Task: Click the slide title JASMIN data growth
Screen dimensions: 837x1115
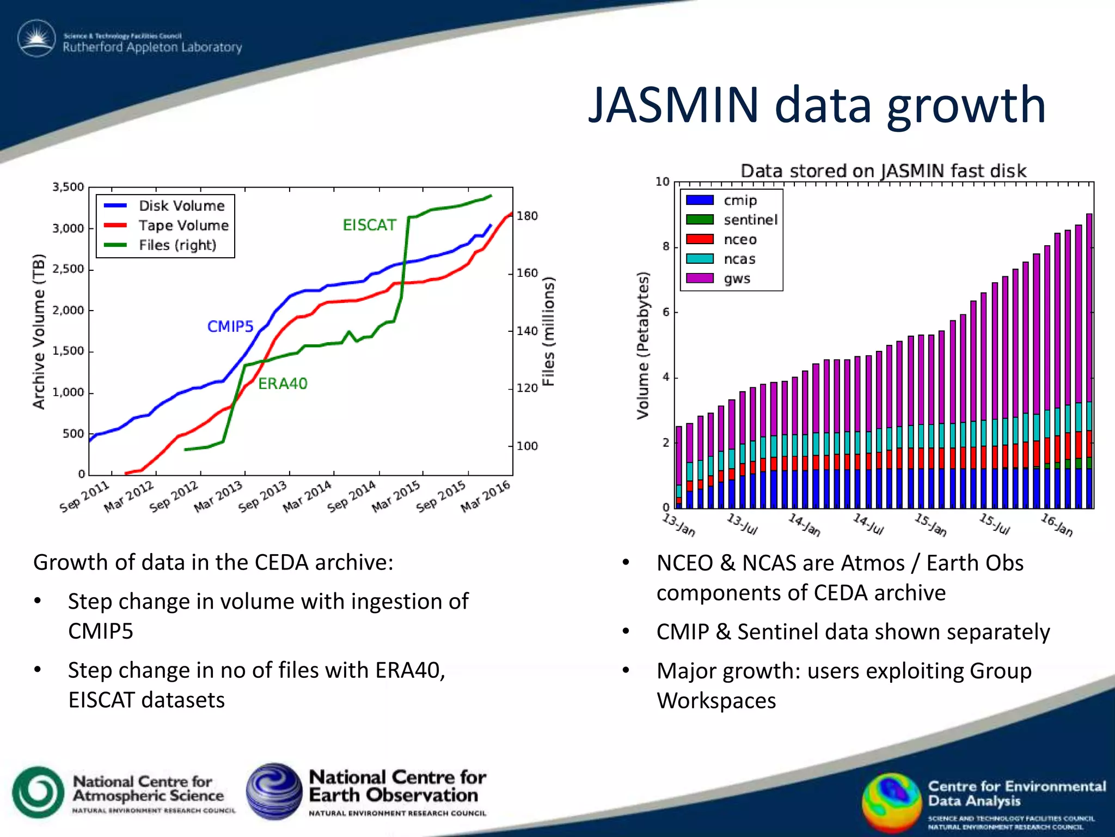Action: tap(817, 105)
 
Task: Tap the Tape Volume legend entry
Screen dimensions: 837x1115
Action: tap(183, 226)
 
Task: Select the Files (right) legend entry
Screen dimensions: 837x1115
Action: tap(177, 245)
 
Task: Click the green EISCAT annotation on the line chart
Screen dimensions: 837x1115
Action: tap(369, 225)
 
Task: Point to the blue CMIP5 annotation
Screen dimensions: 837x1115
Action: tap(230, 326)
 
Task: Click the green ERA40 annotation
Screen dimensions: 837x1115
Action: tap(283, 384)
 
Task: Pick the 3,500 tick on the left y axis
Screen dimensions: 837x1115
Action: tap(68, 187)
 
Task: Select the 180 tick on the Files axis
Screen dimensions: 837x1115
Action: tap(527, 216)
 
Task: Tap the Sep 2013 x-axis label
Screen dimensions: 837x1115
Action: tap(262, 496)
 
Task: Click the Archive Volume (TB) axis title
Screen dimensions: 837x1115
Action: tap(38, 331)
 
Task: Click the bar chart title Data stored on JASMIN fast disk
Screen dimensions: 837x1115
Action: tap(883, 171)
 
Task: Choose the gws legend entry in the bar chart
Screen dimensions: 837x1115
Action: tap(737, 278)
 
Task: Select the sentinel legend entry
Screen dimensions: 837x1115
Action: tap(750, 220)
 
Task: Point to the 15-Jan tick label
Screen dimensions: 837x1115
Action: tap(930, 524)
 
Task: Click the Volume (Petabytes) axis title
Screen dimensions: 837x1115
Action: tap(643, 345)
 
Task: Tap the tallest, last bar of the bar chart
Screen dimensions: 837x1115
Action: tap(1089, 327)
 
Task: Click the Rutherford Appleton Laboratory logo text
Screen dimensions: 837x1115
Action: tap(152, 47)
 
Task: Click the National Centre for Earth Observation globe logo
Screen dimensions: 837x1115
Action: tap(274, 791)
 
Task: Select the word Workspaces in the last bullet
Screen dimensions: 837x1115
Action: tap(716, 701)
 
